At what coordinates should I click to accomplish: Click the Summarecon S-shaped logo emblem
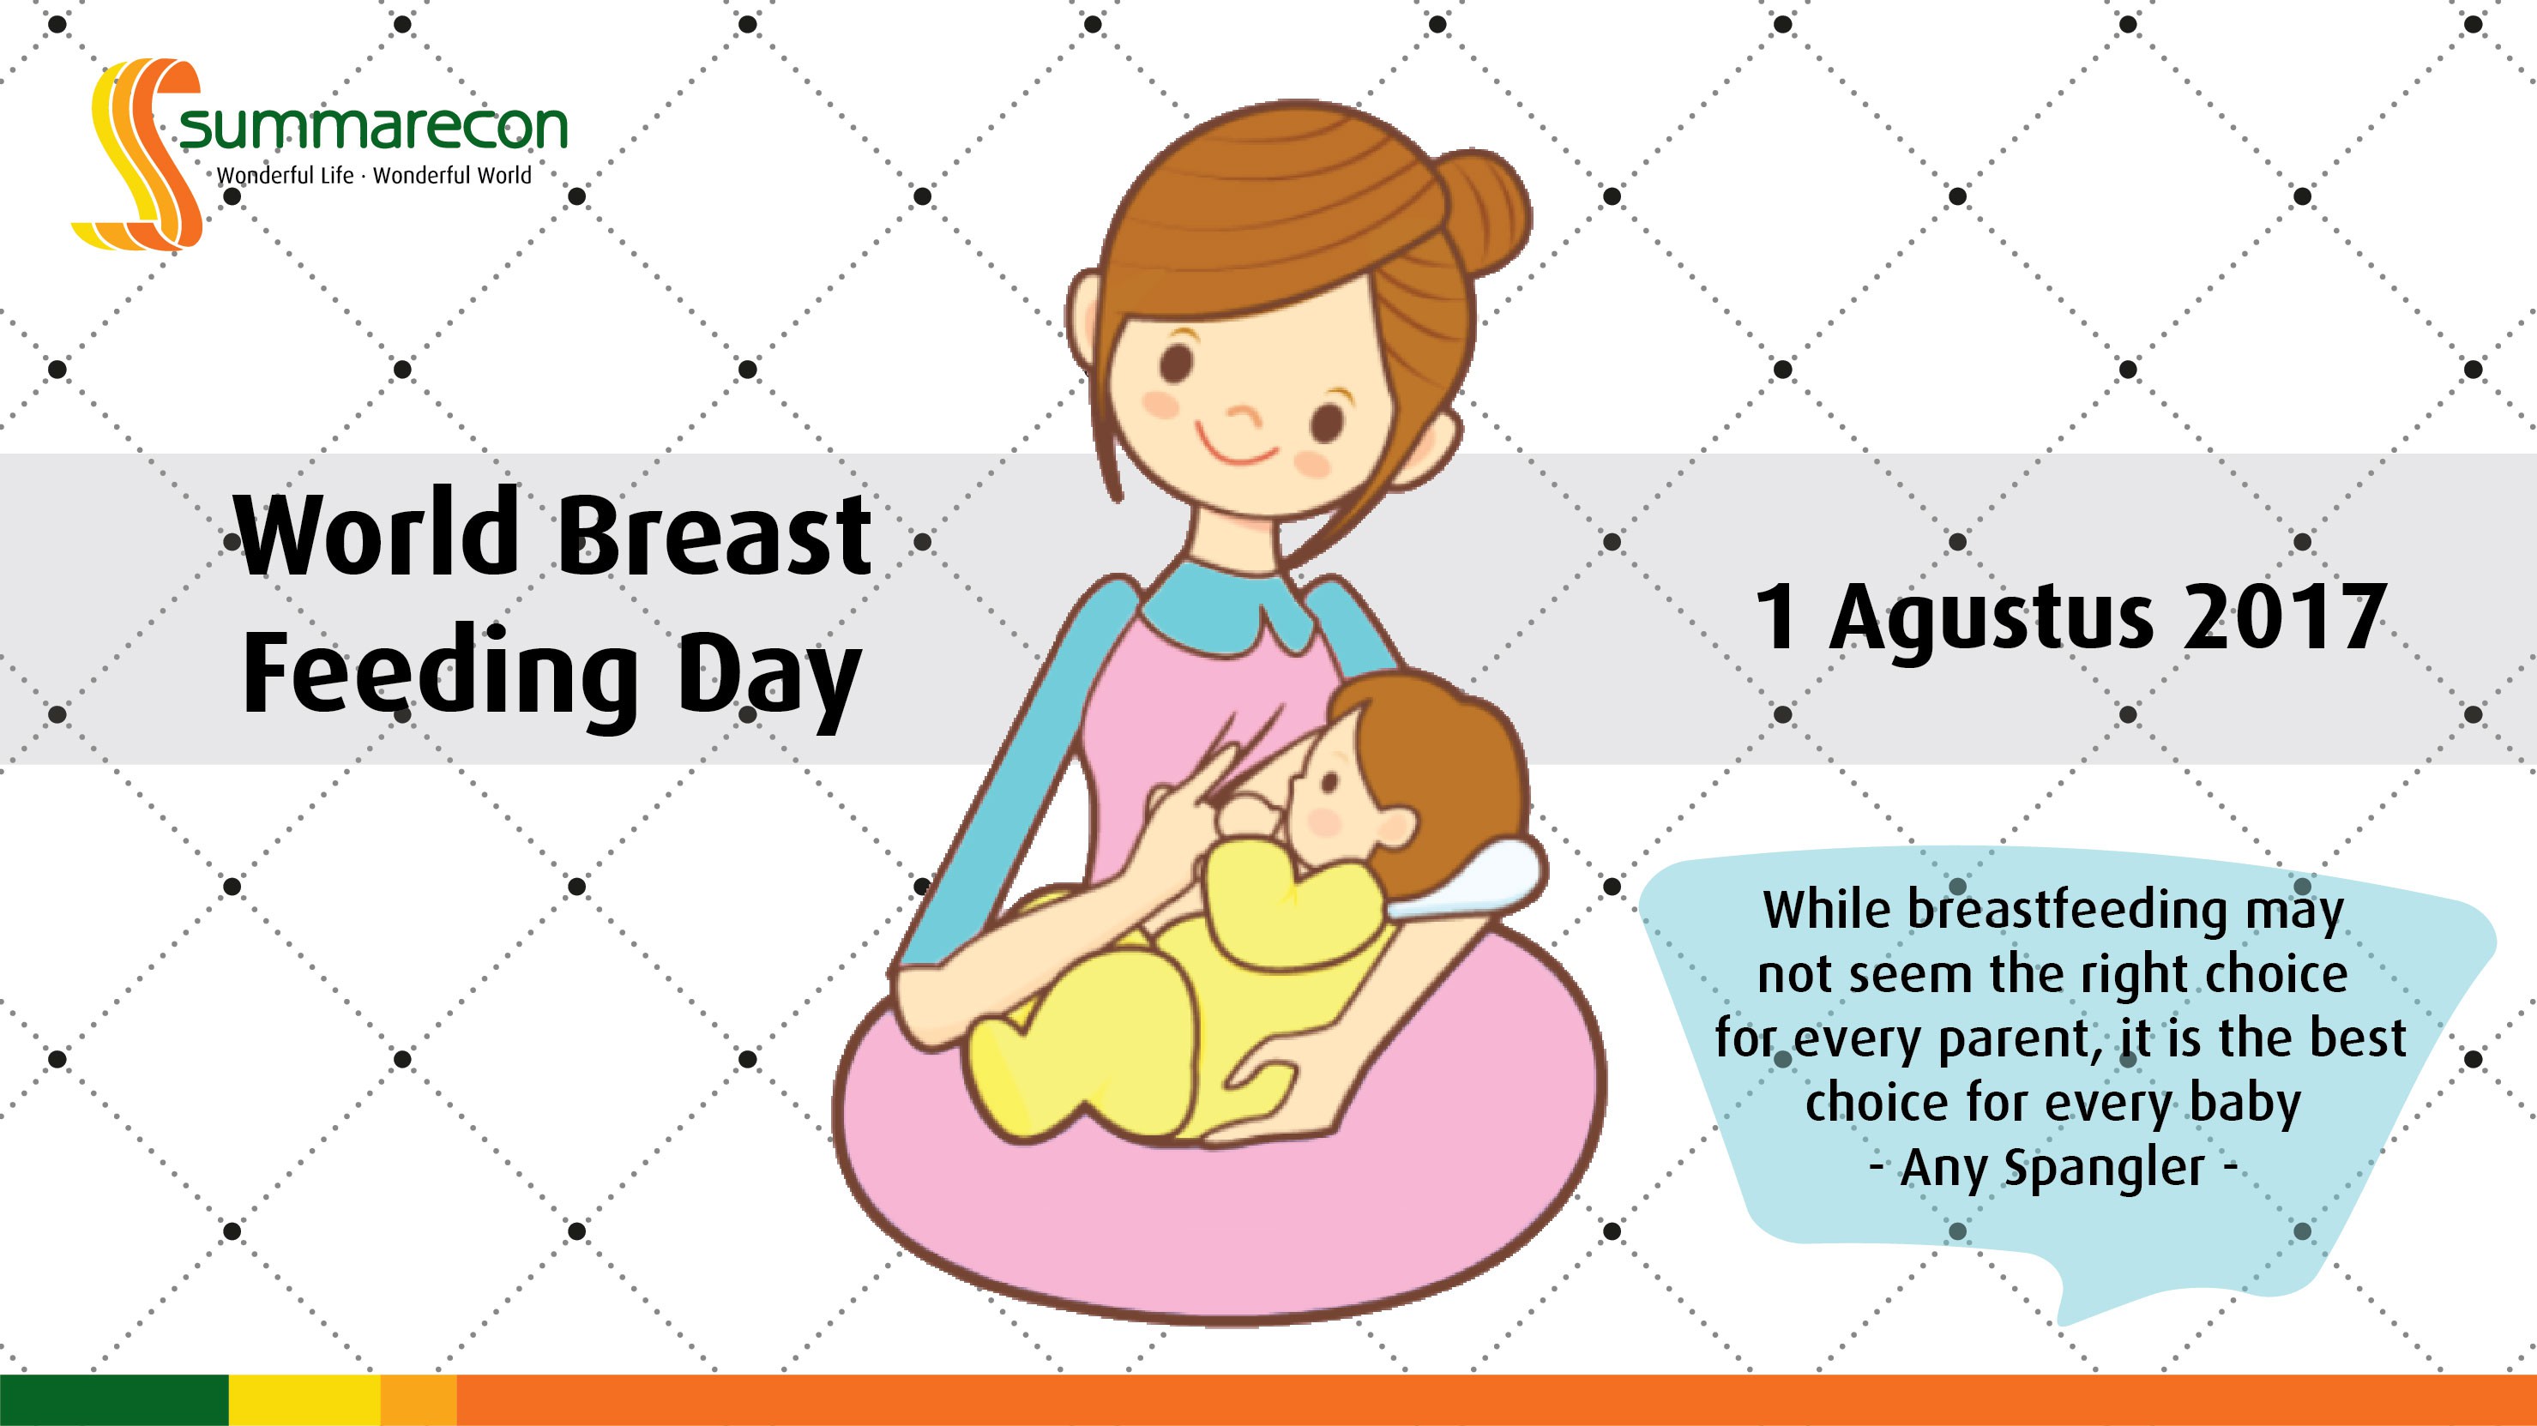click(x=138, y=153)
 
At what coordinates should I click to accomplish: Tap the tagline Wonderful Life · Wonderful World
click(x=374, y=175)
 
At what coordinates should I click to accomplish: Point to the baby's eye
click(x=1329, y=784)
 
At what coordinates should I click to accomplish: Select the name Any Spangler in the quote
click(x=2052, y=1169)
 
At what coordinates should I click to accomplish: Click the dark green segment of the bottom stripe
click(x=114, y=1400)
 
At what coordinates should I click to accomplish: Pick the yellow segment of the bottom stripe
click(x=305, y=1400)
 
